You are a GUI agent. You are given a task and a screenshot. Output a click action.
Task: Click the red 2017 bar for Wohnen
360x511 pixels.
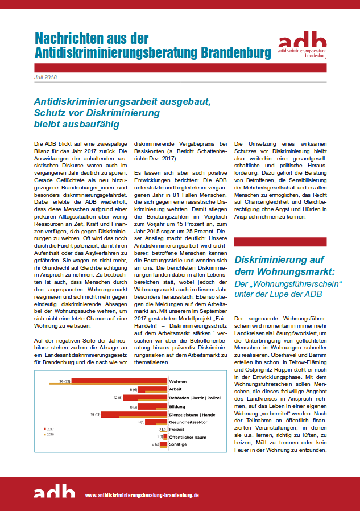tap(119, 381)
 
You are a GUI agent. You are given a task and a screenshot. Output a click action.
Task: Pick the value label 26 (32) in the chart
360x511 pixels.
tap(62, 381)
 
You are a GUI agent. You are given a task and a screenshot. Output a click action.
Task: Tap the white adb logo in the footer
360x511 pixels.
tap(54, 491)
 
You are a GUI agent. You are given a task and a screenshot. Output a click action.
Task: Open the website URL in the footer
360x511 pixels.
tap(142, 496)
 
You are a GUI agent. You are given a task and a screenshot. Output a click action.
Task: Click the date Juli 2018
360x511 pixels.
tap(46, 77)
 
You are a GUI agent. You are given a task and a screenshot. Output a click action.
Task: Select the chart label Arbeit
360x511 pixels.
tap(176, 389)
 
